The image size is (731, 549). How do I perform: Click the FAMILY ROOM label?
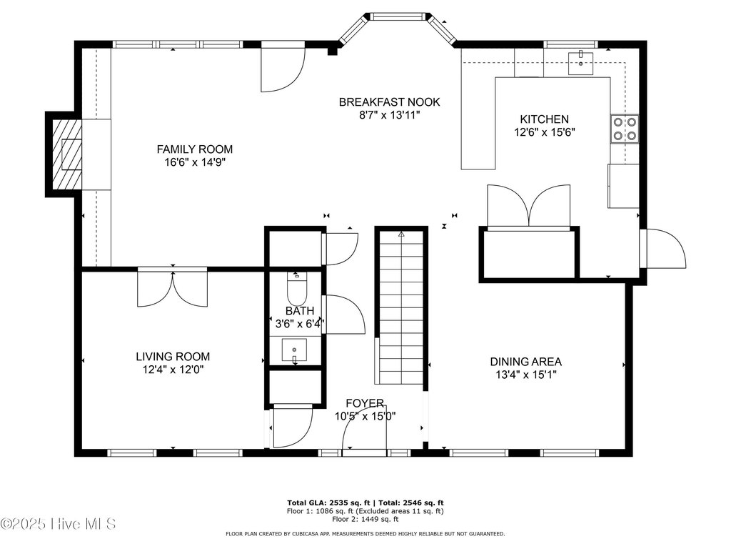click(x=194, y=149)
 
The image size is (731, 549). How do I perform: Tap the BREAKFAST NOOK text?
click(x=389, y=102)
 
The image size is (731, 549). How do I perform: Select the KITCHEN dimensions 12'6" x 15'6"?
click(x=545, y=132)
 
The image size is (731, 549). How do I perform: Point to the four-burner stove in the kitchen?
click(x=624, y=129)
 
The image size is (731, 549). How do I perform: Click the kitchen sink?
click(x=580, y=64)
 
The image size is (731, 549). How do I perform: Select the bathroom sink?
click(x=294, y=350)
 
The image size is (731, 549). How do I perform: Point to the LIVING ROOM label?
click(x=173, y=357)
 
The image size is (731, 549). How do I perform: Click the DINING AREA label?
click(x=526, y=361)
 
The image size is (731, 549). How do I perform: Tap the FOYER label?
click(x=365, y=403)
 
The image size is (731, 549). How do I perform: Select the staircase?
click(x=401, y=307)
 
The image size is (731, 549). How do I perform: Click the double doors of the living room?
click(x=173, y=289)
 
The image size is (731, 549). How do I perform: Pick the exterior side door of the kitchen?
click(x=663, y=248)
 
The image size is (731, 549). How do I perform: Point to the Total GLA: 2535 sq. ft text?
click(x=328, y=503)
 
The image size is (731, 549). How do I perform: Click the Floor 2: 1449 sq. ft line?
click(x=365, y=519)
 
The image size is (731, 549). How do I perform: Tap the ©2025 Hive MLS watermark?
click(x=58, y=524)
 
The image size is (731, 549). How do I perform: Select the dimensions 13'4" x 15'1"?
click(x=526, y=375)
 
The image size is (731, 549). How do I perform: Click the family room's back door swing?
click(x=283, y=68)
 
